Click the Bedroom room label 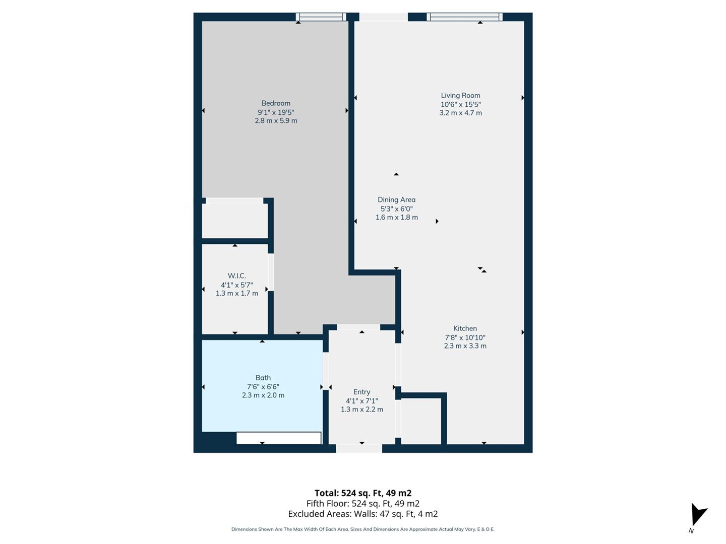(x=276, y=103)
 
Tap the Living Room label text (x=460, y=95)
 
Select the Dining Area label (x=396, y=199)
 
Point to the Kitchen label (x=465, y=328)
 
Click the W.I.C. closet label (x=236, y=276)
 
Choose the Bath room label (x=263, y=378)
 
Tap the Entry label (x=361, y=392)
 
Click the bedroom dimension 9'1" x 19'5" (x=276, y=112)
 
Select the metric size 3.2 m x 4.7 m (x=460, y=113)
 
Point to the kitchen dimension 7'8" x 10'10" (x=465, y=337)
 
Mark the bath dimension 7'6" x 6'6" (x=263, y=387)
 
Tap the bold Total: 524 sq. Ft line (x=362, y=493)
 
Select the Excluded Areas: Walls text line (x=362, y=514)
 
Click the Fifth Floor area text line (x=362, y=503)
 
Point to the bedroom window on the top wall (x=321, y=17)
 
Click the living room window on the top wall (x=464, y=17)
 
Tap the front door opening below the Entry (x=359, y=448)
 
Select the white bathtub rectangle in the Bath (x=279, y=438)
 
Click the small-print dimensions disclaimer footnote (x=362, y=529)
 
